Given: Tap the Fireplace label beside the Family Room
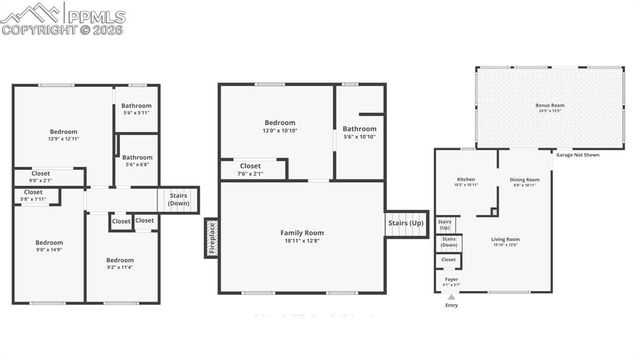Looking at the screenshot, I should click(211, 237).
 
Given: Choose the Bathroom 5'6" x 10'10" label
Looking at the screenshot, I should click(359, 132).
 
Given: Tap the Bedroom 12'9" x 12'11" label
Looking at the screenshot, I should click(63, 135).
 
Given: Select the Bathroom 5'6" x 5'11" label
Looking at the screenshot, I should click(136, 109).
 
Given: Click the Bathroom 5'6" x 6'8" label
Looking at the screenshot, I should click(137, 160).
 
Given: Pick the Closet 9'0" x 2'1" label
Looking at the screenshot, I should click(40, 177).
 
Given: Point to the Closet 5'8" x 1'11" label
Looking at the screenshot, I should click(33, 195).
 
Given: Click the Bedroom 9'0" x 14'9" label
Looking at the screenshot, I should click(49, 246).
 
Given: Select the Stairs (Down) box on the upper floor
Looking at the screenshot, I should click(179, 198).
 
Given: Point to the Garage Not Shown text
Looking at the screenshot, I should click(577, 156).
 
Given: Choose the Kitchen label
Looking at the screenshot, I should click(466, 182).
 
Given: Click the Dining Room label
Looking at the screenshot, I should click(525, 182).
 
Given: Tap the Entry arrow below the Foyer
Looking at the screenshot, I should click(451, 297).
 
